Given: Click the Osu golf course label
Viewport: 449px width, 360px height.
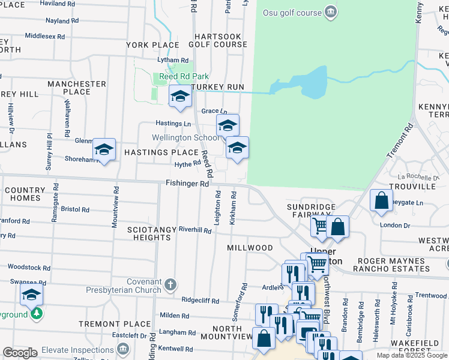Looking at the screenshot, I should [291, 12].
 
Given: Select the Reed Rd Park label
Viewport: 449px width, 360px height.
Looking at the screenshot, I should [184, 77].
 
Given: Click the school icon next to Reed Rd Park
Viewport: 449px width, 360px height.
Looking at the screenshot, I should [179, 97].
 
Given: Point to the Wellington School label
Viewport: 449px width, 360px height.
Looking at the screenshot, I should [185, 137].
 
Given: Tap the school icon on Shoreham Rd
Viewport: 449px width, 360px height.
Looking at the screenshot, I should [104, 149].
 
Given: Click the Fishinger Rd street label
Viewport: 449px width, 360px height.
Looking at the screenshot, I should [187, 184].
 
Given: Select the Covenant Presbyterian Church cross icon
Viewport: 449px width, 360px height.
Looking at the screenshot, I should [170, 283].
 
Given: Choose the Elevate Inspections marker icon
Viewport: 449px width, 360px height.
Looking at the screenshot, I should [123, 349].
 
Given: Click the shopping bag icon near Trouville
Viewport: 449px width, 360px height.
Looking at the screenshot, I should [381, 200].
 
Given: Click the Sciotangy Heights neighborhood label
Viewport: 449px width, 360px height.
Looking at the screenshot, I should [149, 233].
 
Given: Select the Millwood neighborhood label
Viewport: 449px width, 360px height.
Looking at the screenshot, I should [250, 248].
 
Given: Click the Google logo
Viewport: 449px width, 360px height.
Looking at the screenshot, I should [20, 353].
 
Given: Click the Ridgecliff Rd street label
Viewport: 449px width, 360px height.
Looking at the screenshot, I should [200, 300].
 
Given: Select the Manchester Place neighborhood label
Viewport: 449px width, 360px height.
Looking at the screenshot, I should [76, 88].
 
